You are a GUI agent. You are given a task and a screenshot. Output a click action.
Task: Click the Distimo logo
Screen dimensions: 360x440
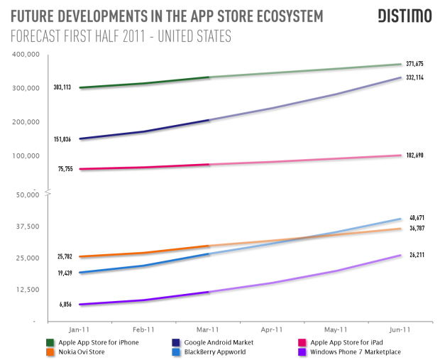(x=404, y=16)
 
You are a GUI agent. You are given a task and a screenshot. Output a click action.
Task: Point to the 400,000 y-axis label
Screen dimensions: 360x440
(x=26, y=55)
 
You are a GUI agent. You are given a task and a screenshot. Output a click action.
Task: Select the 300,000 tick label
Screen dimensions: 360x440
(x=26, y=88)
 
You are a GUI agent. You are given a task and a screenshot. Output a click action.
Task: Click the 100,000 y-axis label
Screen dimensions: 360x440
(x=26, y=156)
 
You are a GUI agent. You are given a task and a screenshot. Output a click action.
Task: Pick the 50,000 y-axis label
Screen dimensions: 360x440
(x=28, y=195)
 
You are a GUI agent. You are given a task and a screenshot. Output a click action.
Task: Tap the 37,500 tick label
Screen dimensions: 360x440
(x=28, y=227)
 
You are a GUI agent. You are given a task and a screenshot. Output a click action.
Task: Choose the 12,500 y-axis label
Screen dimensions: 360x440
(x=28, y=290)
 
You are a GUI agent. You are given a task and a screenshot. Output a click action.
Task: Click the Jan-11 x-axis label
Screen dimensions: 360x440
(x=79, y=329)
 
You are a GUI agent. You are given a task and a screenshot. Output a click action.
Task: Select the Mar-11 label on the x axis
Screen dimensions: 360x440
(x=207, y=329)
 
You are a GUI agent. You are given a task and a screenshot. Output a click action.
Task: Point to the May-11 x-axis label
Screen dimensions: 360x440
(x=336, y=329)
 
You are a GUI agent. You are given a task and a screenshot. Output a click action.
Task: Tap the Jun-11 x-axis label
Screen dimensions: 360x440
(x=400, y=329)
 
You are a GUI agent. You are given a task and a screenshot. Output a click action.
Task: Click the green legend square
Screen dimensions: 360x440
(x=50, y=343)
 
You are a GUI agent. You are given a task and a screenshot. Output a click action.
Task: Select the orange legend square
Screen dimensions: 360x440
(x=50, y=351)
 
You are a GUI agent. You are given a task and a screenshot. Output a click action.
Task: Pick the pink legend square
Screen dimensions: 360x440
(x=302, y=343)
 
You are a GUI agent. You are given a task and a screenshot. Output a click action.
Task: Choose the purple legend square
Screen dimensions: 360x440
(x=302, y=351)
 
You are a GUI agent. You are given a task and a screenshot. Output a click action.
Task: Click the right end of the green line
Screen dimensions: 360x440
(x=401, y=64)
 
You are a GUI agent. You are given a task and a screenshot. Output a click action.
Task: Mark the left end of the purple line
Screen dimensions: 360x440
(x=79, y=304)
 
